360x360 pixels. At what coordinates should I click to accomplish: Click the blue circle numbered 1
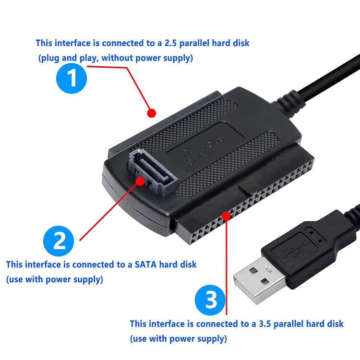click(72, 78)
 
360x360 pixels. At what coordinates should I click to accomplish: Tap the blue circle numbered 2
click(59, 240)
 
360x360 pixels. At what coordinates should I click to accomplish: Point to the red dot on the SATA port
click(140, 181)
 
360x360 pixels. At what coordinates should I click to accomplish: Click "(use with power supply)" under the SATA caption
click(54, 279)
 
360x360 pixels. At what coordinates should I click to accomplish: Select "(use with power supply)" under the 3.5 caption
click(178, 339)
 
